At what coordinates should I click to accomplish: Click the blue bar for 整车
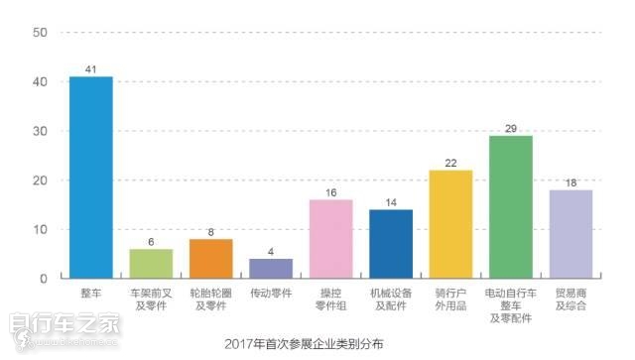click(90, 178)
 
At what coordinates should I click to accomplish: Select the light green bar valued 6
click(151, 264)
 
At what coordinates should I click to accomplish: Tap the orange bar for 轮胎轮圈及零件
click(210, 259)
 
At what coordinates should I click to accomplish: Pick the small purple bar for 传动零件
click(271, 269)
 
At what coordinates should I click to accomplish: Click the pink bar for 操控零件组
click(330, 239)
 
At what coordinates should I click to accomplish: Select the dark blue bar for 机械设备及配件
click(391, 244)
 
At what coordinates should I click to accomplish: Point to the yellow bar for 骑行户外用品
click(450, 224)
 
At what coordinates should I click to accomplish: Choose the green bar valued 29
click(510, 207)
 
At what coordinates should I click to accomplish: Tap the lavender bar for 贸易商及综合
click(571, 234)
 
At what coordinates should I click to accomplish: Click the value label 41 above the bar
click(90, 69)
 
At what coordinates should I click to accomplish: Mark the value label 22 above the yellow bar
click(450, 163)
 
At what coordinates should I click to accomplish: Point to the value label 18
click(571, 182)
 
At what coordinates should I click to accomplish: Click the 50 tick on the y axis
click(40, 33)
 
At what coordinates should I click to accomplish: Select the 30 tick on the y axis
click(40, 131)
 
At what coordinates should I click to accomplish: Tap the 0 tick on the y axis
click(44, 279)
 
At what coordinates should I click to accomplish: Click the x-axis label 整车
click(90, 295)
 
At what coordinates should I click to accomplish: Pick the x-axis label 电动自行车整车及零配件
click(510, 306)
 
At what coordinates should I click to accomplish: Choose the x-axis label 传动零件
click(271, 295)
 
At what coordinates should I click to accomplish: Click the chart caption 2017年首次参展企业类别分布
click(305, 344)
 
